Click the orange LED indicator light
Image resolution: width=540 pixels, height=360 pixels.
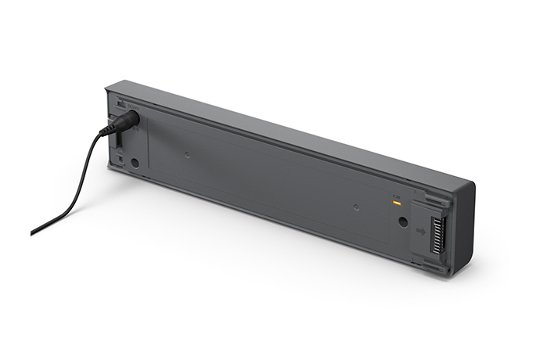(397, 203)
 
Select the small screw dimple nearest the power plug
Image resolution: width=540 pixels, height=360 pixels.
(187, 154)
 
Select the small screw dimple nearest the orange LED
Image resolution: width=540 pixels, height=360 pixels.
(356, 207)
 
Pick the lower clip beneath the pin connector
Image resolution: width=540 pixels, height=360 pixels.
(435, 268)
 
